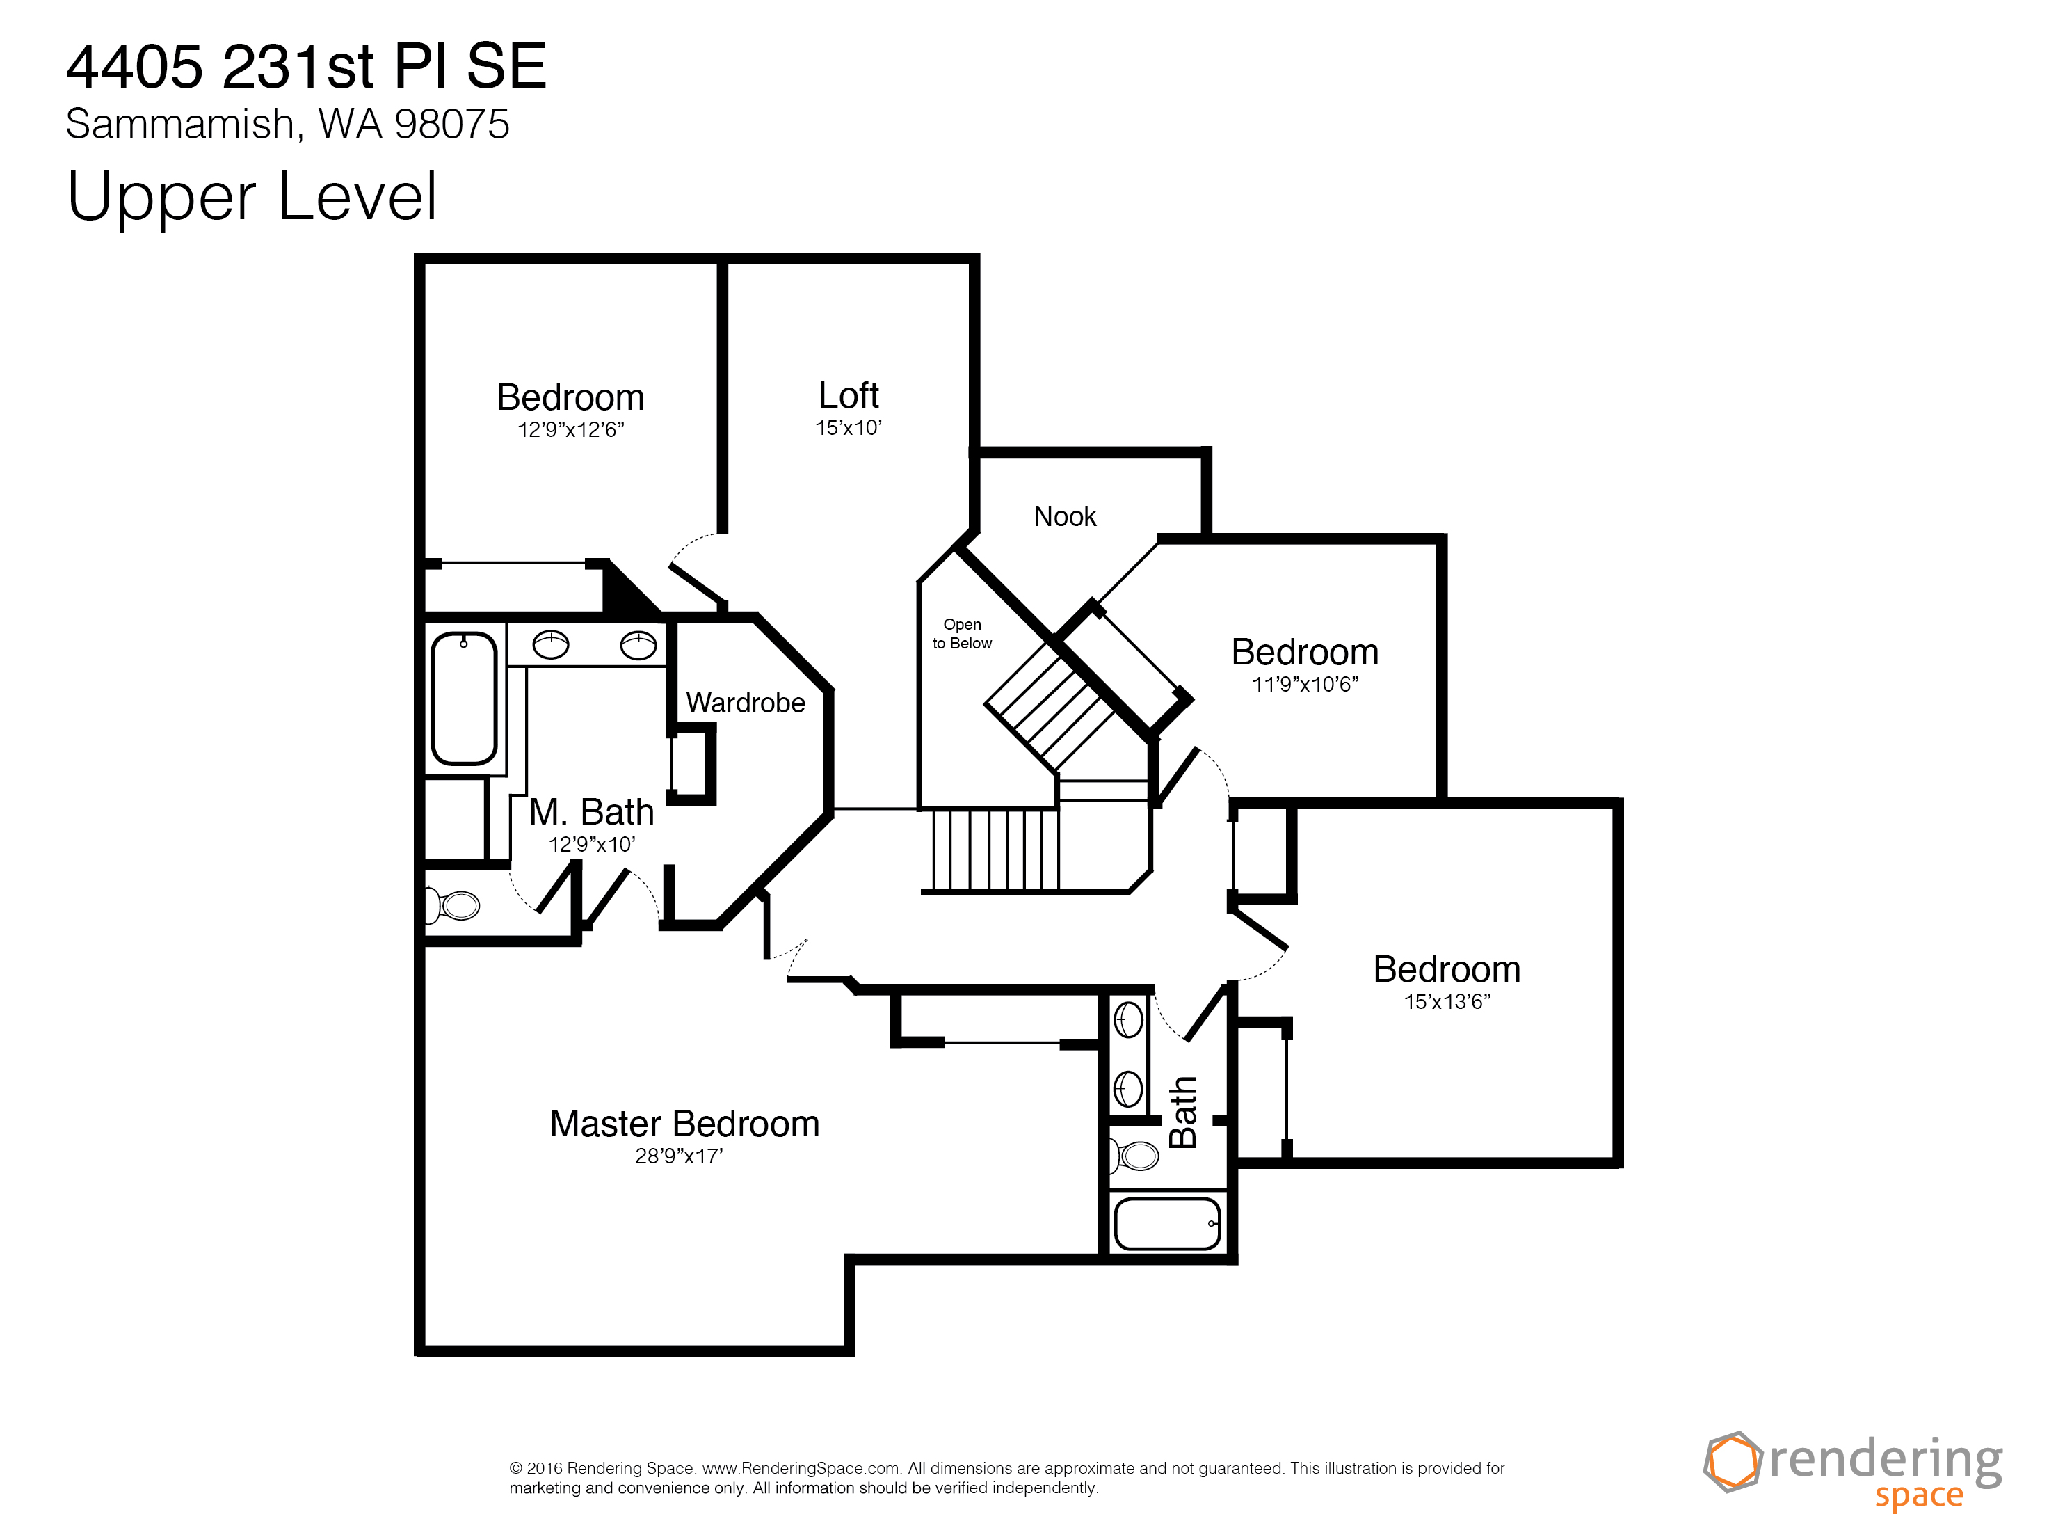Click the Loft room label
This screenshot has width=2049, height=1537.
click(849, 396)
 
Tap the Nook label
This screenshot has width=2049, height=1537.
click(1066, 516)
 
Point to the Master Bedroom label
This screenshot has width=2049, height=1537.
click(684, 1124)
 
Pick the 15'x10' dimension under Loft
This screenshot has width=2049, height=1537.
click(849, 427)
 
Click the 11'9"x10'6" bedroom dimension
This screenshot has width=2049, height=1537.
click(1305, 684)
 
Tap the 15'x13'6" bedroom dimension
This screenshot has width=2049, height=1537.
click(1447, 1001)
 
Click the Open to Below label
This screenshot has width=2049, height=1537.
click(963, 634)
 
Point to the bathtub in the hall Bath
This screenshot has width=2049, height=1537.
click(1168, 1223)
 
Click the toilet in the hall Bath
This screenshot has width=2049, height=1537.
click(1134, 1155)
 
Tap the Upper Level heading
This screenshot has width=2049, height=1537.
click(252, 196)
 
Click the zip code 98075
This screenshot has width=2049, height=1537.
click(452, 124)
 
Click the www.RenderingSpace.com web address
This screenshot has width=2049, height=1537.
click(801, 1467)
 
